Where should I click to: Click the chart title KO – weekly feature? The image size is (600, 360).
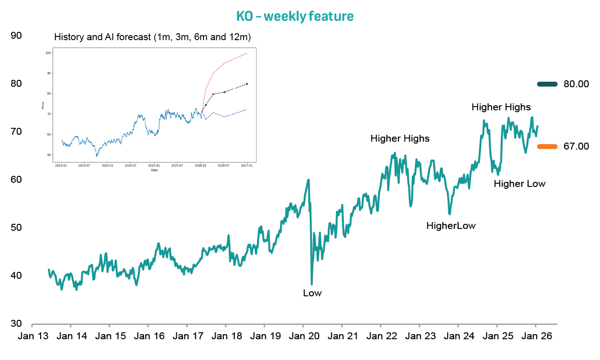coord(295,17)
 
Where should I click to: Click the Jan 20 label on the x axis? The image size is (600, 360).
coord(303,336)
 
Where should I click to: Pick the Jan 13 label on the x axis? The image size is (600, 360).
coord(33,336)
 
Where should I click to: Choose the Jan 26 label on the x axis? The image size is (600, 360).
coord(535,336)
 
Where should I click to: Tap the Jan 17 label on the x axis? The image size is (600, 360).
coord(187,336)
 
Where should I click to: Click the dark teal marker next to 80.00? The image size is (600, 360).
coord(547,84)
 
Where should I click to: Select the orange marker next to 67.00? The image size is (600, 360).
coord(547,146)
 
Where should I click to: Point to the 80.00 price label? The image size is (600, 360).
coord(576,84)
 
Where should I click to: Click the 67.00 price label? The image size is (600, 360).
coord(576,146)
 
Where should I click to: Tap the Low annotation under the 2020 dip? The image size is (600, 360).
coord(312,293)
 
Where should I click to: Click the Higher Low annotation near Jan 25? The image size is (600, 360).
coord(519,184)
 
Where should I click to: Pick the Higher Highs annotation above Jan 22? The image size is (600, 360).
coord(400,138)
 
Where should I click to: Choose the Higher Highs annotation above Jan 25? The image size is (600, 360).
coord(501,107)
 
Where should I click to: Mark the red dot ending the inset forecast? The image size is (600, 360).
coord(247,84)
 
